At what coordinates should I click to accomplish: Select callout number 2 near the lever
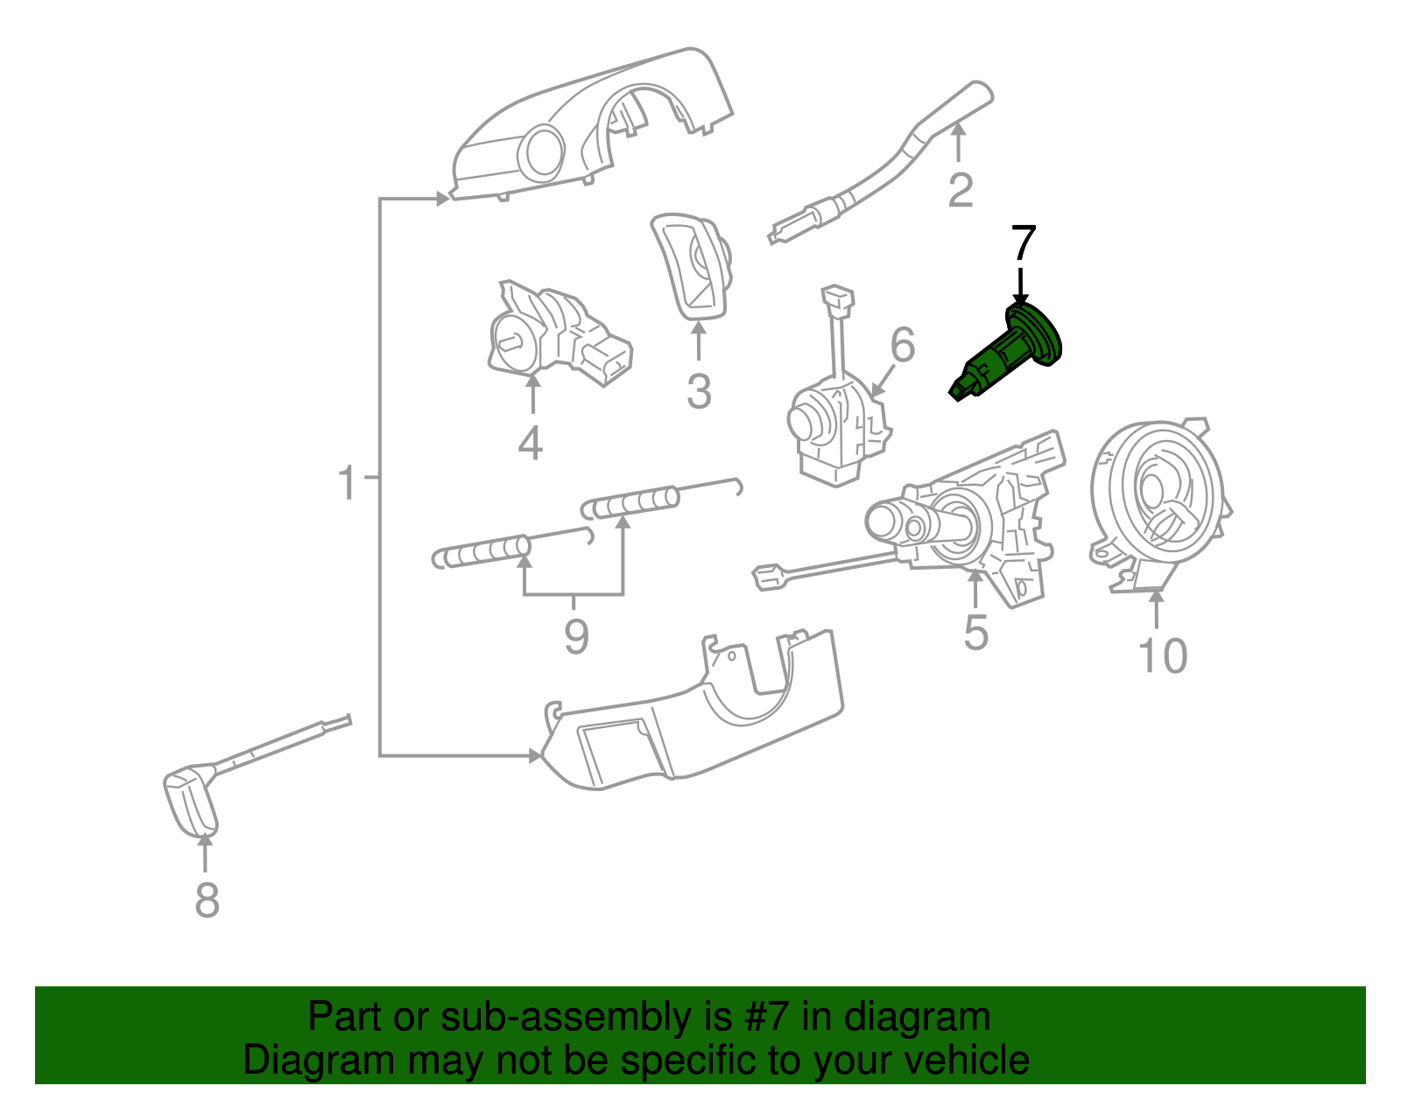point(961,190)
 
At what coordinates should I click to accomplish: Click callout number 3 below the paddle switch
point(698,391)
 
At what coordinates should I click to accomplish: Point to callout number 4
point(531,442)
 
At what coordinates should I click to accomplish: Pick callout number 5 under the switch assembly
point(975,632)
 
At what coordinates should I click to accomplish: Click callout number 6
point(902,345)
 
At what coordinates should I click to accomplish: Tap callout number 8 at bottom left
point(207,900)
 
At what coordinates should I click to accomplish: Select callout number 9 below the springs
point(575,636)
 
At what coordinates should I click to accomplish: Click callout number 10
point(1162,655)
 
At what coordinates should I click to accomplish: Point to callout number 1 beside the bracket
point(348,483)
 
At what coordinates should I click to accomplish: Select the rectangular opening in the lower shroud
point(617,748)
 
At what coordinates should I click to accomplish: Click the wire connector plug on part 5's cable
point(769,577)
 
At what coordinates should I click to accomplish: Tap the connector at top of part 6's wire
point(838,298)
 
